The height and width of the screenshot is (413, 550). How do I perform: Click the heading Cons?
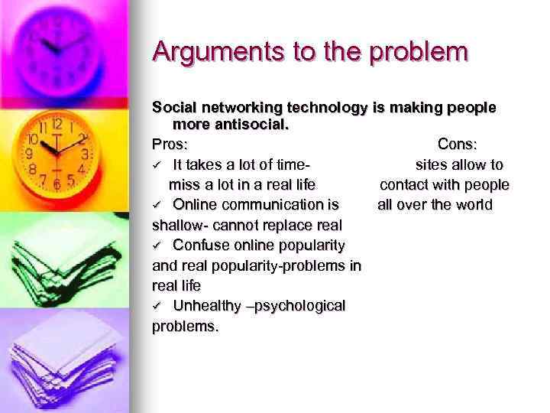pyautogui.click(x=458, y=144)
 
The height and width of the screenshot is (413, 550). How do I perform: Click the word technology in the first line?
pyautogui.click(x=328, y=108)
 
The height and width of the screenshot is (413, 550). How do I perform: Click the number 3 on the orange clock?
pyautogui.click(x=85, y=154)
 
